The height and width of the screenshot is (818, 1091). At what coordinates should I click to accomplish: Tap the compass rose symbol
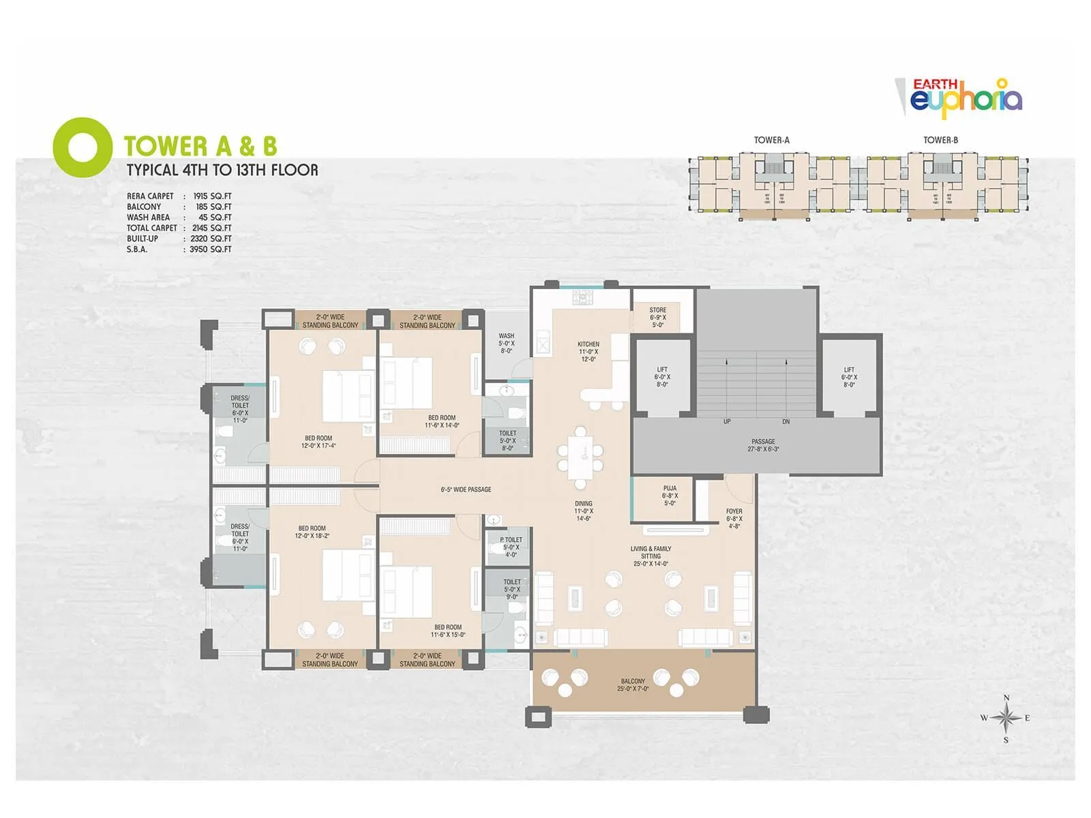1006,718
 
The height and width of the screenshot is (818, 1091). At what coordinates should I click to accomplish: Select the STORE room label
657,317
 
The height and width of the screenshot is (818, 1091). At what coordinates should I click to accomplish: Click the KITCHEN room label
588,351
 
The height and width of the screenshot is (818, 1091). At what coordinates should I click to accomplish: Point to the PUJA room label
670,496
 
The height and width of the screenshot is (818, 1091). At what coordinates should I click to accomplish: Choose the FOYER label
734,518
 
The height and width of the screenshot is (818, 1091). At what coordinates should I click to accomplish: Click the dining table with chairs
580,457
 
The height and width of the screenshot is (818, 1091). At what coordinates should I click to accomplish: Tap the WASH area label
506,343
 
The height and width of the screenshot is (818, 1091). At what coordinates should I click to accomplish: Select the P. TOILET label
511,547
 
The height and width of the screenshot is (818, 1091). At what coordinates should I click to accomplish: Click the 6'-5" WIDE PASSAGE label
466,489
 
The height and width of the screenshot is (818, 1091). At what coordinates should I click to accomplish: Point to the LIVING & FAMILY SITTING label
651,556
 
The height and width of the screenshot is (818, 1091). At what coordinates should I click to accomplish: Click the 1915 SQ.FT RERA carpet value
212,196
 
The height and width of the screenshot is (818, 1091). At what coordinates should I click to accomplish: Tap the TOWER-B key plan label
940,140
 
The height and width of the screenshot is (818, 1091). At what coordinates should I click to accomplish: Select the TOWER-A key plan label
771,140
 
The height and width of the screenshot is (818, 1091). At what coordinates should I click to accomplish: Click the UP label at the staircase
727,422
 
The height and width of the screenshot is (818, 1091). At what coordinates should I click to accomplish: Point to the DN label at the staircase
786,422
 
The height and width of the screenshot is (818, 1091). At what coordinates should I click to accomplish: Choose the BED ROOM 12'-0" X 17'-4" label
318,442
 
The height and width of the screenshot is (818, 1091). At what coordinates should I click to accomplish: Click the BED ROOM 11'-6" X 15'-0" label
447,631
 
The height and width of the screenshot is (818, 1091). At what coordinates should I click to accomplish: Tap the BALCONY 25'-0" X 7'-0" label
633,684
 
